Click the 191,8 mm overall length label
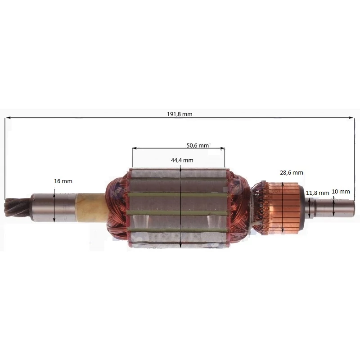point(180,114)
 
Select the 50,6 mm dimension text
point(198,145)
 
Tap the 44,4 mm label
point(182,160)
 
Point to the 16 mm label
point(63,181)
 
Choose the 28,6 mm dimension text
point(291,173)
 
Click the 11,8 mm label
point(318,193)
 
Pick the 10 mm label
point(341,192)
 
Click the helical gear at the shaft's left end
point(18,208)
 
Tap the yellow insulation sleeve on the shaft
point(91,208)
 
